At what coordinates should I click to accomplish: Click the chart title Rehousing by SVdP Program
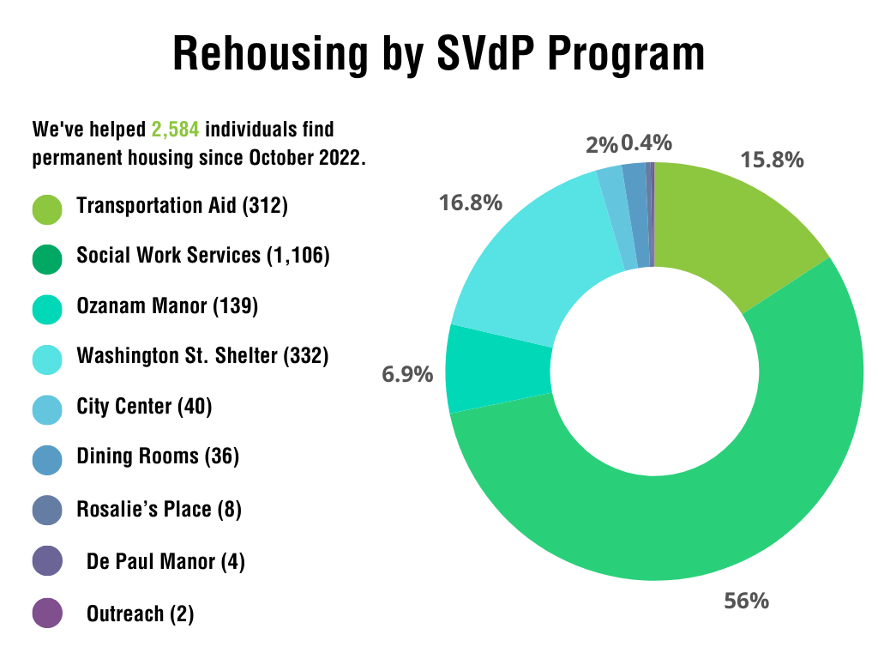439,54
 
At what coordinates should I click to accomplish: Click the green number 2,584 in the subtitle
176,130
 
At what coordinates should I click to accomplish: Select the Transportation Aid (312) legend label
182,206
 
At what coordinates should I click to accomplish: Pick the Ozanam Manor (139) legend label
167,306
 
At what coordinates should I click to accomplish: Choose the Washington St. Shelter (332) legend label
202,355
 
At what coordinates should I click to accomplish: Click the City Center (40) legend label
144,406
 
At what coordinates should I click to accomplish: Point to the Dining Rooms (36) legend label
158,456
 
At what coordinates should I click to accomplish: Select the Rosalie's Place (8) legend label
159,510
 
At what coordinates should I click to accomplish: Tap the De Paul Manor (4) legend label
165,562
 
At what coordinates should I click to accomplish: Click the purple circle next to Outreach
47,614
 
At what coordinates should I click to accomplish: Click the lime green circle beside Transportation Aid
47,208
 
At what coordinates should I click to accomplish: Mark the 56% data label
746,600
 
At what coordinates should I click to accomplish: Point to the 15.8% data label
772,160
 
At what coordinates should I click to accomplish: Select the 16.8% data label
471,203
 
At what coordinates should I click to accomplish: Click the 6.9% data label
407,374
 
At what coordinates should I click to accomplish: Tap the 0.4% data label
646,142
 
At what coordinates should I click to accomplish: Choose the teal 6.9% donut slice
497,369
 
